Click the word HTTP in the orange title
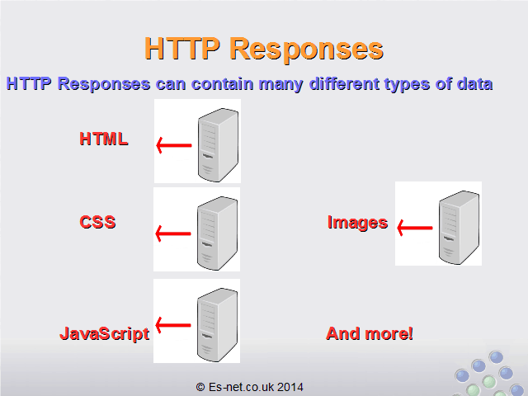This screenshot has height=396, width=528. click(x=182, y=48)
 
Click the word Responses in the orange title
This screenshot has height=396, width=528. click(x=306, y=49)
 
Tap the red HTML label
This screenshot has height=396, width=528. click(x=104, y=139)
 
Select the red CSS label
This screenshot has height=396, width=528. click(x=97, y=222)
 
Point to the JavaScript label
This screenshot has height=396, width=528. click(x=105, y=334)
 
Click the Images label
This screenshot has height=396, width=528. click(x=357, y=223)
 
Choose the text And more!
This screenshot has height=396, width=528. click(x=370, y=333)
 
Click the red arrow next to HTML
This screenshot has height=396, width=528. click(x=174, y=145)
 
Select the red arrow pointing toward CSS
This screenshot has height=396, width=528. click(x=173, y=233)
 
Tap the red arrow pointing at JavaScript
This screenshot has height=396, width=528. click(x=173, y=325)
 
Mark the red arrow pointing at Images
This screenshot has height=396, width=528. click(x=415, y=228)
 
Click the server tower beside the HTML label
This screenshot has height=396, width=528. click(x=218, y=145)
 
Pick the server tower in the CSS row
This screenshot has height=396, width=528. click(x=217, y=233)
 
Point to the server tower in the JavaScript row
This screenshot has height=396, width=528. click(x=217, y=324)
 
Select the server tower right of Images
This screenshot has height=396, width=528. click(x=459, y=228)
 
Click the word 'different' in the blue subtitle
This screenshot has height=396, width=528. click(x=344, y=83)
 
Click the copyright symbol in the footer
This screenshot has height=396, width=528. click(x=200, y=387)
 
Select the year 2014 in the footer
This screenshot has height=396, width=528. click(x=290, y=387)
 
